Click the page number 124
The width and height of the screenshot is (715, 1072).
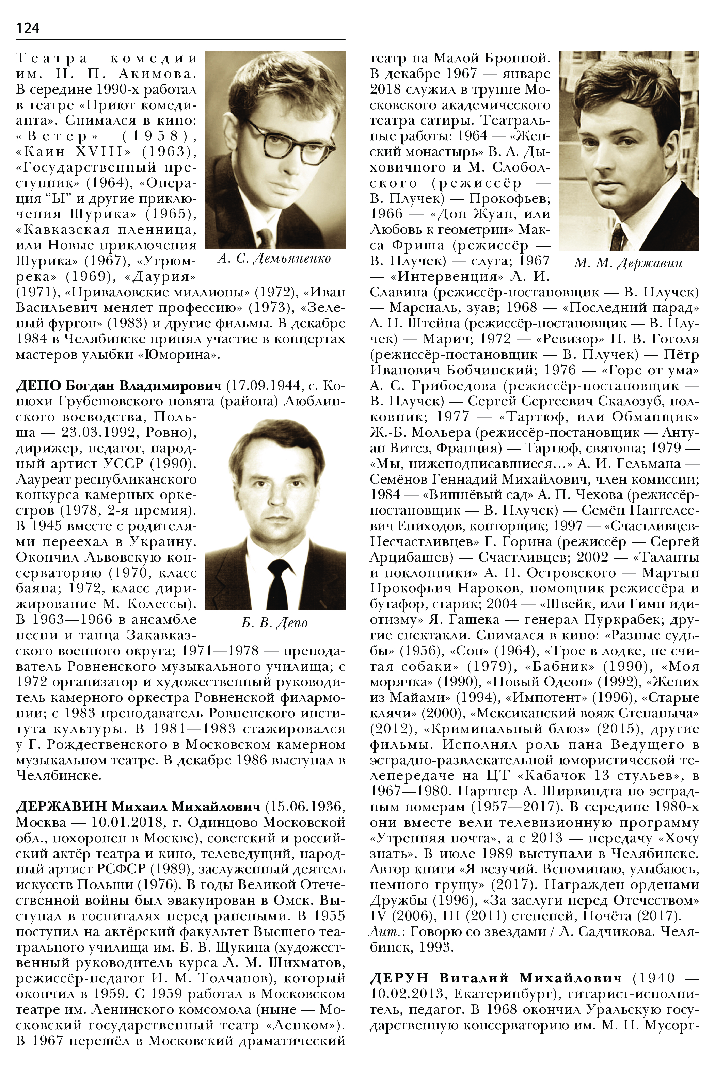tap(28, 28)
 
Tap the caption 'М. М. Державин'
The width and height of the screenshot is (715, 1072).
tap(629, 263)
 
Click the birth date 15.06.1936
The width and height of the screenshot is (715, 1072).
tap(305, 807)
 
